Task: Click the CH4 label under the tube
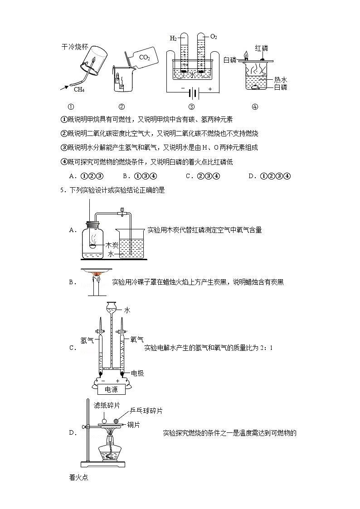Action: point(79,89)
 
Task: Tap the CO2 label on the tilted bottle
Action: point(144,58)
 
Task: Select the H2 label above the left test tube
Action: point(173,38)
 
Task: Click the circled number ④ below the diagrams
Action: point(254,107)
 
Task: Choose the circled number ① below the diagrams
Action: point(71,107)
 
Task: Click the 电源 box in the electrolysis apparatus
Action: point(111,390)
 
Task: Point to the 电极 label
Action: point(137,373)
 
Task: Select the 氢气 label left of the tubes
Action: point(87,339)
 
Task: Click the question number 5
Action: point(61,190)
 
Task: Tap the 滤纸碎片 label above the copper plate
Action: point(105,405)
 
